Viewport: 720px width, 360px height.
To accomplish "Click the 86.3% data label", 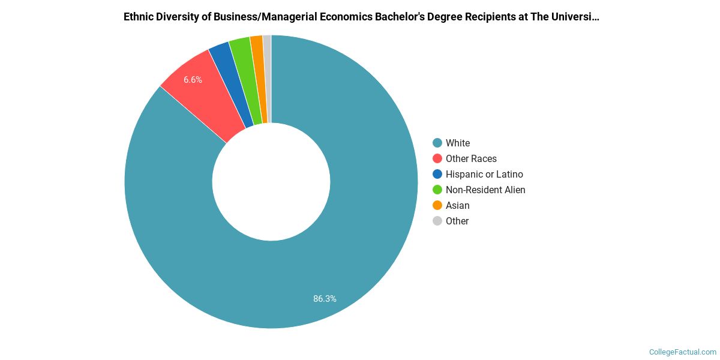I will (325, 298).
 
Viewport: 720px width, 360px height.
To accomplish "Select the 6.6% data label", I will (193, 79).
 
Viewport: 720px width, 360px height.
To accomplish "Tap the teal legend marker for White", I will (437, 143).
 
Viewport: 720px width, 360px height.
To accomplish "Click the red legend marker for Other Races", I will (437, 158).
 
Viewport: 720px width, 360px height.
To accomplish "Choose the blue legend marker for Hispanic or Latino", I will (437, 174).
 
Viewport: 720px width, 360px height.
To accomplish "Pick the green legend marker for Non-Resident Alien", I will (437, 190).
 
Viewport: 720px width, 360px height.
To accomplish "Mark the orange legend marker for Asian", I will (437, 205).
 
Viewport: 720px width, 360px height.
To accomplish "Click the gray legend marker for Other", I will (437, 221).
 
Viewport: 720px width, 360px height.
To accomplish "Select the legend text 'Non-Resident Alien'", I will (485, 190).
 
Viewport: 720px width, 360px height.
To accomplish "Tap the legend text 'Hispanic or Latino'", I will (484, 174).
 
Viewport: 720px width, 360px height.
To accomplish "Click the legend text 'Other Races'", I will (471, 158).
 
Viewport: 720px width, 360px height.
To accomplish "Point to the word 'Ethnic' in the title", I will (137, 17).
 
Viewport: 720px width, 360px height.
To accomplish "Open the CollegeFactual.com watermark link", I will (683, 352).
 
